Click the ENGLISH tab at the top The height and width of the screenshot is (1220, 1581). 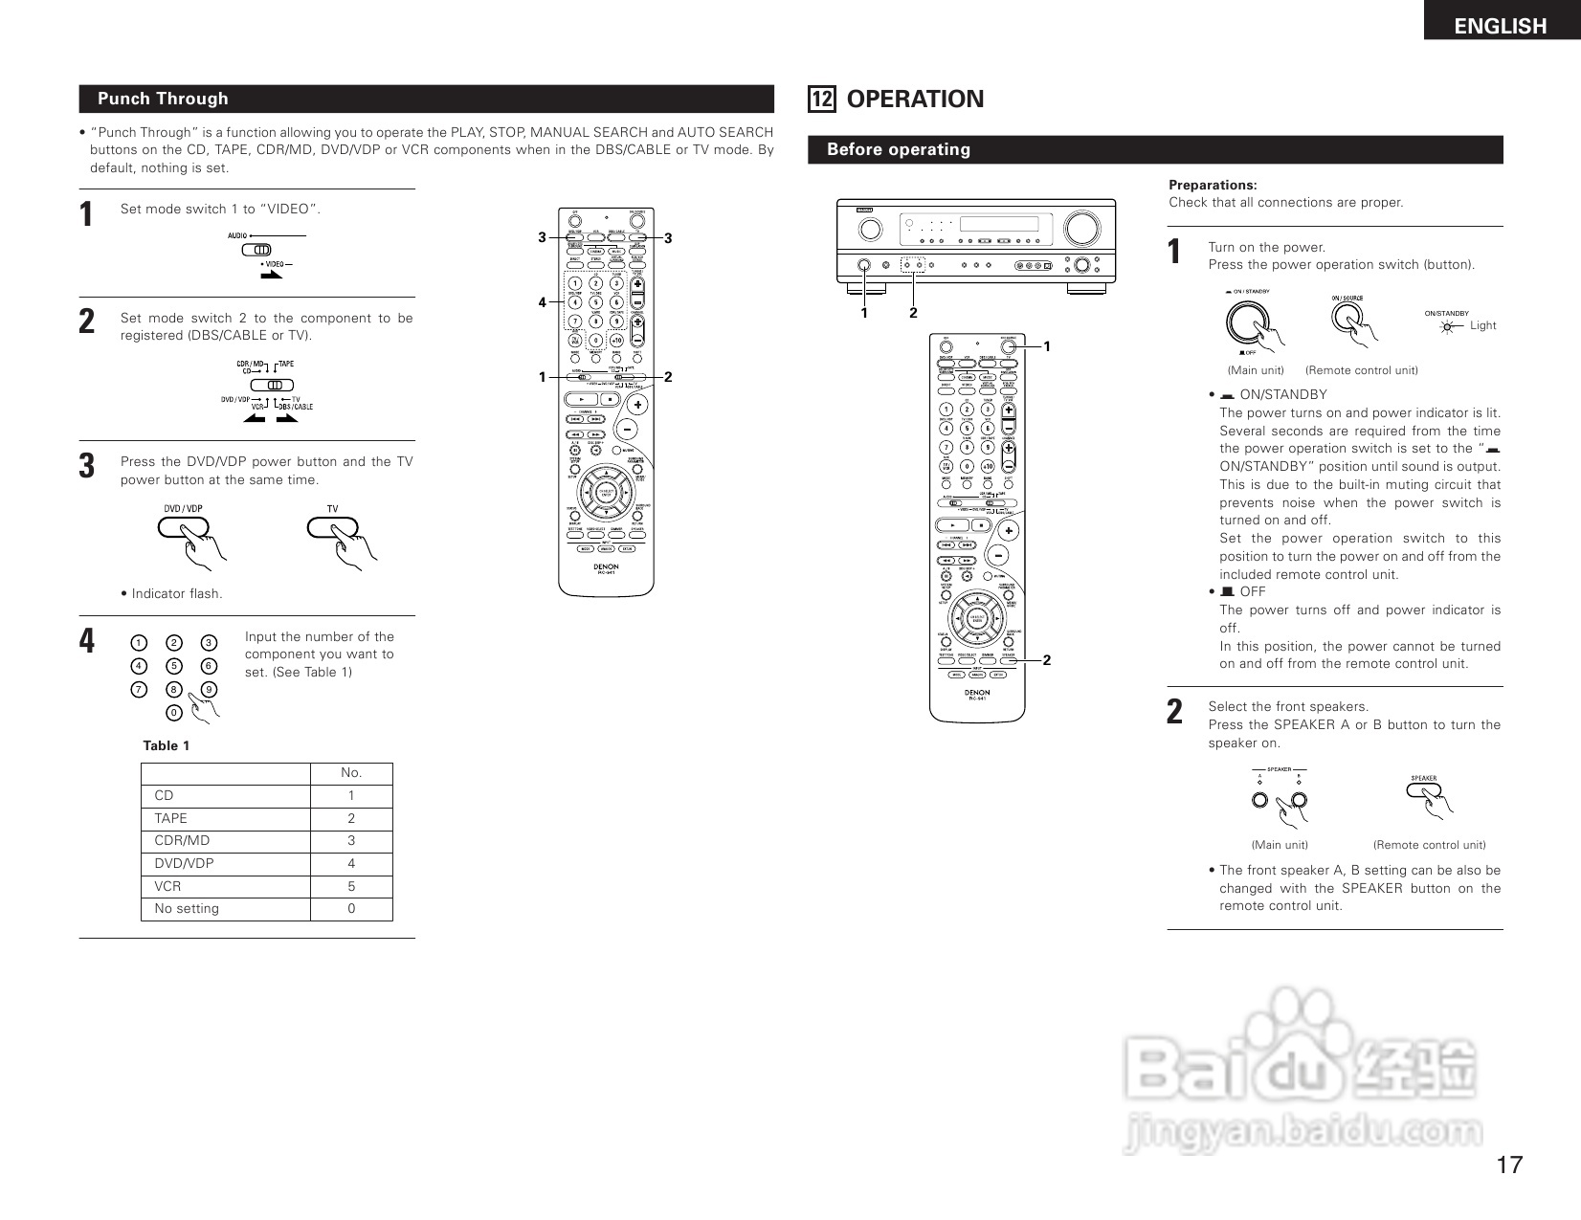[x=1500, y=26]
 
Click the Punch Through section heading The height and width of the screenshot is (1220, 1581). [x=163, y=99]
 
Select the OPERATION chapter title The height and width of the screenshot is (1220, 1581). [x=915, y=100]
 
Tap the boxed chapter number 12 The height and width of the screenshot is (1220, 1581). [x=821, y=100]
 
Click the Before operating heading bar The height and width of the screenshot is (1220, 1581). [x=898, y=149]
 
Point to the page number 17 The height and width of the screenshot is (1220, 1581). [x=1509, y=1165]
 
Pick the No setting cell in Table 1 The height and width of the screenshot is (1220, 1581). [x=187, y=909]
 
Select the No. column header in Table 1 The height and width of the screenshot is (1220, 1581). [x=351, y=773]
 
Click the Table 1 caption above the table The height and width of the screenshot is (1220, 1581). [x=167, y=745]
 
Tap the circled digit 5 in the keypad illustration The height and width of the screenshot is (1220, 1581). [x=173, y=666]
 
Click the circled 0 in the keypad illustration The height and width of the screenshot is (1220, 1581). [x=173, y=713]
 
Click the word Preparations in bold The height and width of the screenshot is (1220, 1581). [x=1213, y=185]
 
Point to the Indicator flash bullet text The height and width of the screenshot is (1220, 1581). [x=172, y=593]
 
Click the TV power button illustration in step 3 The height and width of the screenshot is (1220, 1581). [x=332, y=527]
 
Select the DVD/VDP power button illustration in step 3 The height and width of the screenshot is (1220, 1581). [x=183, y=527]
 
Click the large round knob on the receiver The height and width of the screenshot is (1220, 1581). [x=1081, y=229]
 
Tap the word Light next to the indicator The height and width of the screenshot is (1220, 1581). [x=1482, y=325]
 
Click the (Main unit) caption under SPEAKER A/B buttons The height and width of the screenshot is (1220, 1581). [x=1280, y=845]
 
